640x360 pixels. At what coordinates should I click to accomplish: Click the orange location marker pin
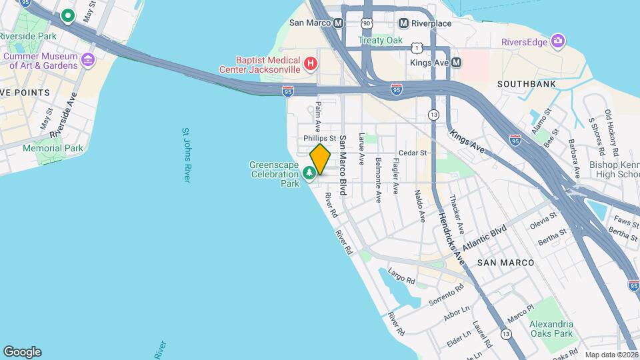click(x=320, y=159)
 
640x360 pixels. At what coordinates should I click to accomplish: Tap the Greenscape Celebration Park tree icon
click(x=309, y=174)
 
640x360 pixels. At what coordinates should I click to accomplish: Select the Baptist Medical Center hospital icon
click(x=310, y=64)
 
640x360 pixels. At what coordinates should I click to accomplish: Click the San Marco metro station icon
click(x=339, y=23)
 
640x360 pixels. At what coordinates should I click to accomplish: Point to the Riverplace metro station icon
click(x=403, y=23)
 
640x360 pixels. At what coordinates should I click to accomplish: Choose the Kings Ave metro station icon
click(x=457, y=63)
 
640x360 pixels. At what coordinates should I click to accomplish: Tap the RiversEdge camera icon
click(x=558, y=42)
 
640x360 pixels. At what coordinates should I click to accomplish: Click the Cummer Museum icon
click(x=88, y=61)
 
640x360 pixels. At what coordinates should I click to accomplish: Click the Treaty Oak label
click(x=381, y=40)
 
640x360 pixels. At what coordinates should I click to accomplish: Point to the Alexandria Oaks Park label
click(x=551, y=329)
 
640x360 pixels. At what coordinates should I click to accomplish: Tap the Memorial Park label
click(x=53, y=148)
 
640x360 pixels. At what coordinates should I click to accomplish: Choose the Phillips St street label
click(x=319, y=138)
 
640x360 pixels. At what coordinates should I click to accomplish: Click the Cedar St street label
click(x=413, y=153)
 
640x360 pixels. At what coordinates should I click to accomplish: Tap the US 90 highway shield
click(x=365, y=23)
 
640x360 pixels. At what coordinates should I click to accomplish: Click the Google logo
click(x=23, y=351)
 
